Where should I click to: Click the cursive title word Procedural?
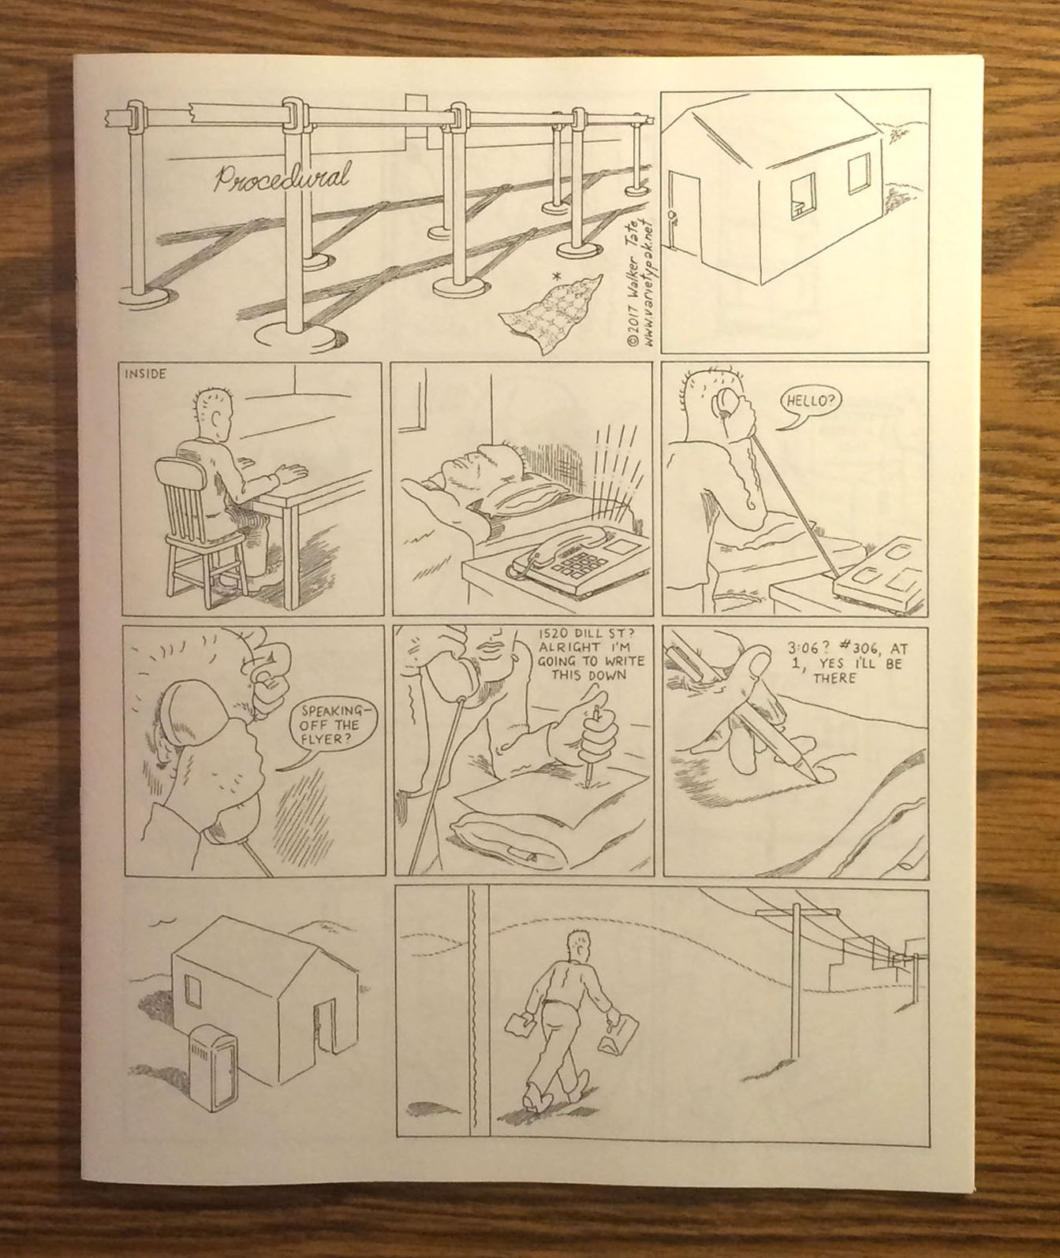(x=282, y=177)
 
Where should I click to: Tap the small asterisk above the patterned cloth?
(x=556, y=277)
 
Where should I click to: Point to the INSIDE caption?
(x=145, y=374)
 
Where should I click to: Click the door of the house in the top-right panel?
(x=684, y=217)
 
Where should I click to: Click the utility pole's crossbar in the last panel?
(x=797, y=911)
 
